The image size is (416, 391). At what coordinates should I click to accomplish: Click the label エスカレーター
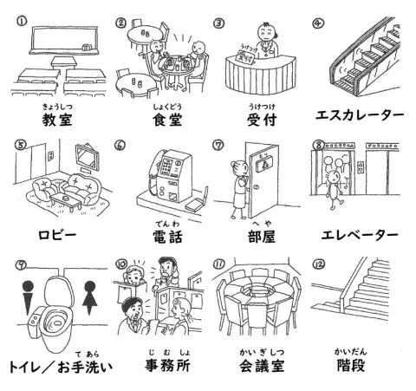coord(357,115)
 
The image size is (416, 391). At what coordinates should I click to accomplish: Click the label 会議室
coord(257,364)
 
